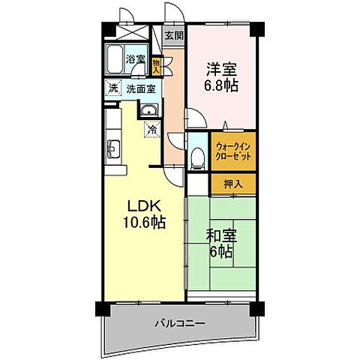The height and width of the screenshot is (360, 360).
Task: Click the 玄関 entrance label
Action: click(x=174, y=35)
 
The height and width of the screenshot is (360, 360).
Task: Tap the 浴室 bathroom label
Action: click(x=135, y=58)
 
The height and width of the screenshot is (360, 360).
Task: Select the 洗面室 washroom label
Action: click(x=140, y=88)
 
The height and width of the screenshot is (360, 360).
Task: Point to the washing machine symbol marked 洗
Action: click(x=112, y=88)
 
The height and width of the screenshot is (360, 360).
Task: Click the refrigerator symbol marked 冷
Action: click(x=151, y=129)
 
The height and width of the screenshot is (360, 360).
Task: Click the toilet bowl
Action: click(x=197, y=156)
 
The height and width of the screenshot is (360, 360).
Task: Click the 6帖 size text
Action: click(x=220, y=252)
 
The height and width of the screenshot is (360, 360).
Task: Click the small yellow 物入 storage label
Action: click(x=156, y=66)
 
